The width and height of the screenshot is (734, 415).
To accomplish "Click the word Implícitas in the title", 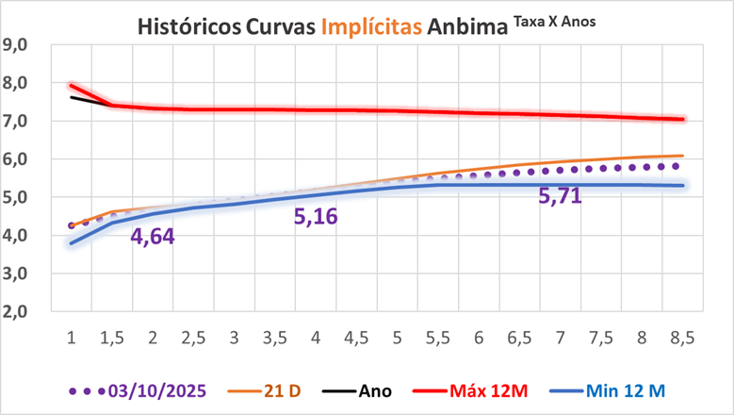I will (x=371, y=26).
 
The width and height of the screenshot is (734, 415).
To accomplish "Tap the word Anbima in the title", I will (x=466, y=26).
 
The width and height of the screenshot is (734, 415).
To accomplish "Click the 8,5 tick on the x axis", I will (x=682, y=337).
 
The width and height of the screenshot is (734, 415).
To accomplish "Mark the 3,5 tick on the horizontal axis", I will (x=274, y=337).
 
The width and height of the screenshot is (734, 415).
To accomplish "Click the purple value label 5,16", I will (x=316, y=218).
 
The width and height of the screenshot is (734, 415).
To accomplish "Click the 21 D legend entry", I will (x=275, y=390).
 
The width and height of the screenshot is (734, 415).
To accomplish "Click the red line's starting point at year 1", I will (x=71, y=86).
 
